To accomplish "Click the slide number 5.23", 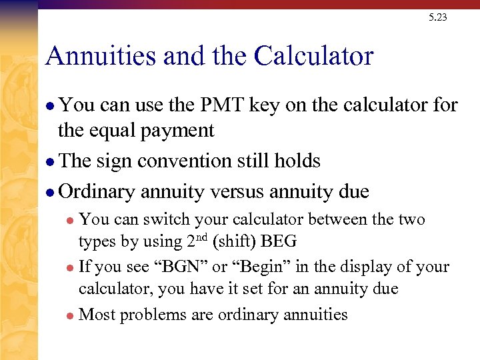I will tap(438, 17).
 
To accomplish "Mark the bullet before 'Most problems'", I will tap(71, 315).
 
